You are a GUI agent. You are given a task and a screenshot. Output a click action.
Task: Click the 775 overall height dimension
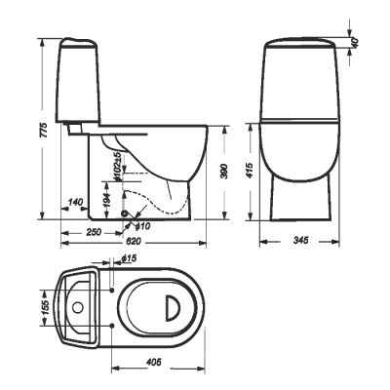click(x=45, y=130)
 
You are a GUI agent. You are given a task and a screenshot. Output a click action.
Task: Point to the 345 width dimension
click(x=300, y=241)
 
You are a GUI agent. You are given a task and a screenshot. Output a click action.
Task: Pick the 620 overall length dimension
click(x=133, y=241)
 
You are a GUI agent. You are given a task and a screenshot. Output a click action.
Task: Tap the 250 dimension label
click(x=93, y=232)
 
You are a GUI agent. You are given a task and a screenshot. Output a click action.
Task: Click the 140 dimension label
click(x=74, y=202)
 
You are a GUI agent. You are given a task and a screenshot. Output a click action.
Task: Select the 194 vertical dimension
click(x=108, y=201)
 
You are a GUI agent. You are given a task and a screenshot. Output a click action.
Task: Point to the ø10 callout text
click(x=142, y=226)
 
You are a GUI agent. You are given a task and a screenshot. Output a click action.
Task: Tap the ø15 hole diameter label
click(x=129, y=258)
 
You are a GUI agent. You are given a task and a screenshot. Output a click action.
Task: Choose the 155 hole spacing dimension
click(x=45, y=307)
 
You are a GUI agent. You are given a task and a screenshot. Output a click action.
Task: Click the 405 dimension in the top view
click(x=153, y=363)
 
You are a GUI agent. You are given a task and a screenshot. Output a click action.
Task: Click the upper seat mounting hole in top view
click(x=112, y=290)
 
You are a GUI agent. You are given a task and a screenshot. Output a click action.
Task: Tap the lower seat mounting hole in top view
click(x=112, y=325)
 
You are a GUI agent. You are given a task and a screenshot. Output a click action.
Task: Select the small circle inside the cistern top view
click(x=78, y=307)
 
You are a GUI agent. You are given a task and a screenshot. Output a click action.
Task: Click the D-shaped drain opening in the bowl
click(x=173, y=307)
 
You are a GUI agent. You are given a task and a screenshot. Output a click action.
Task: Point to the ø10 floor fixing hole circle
click(x=125, y=214)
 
